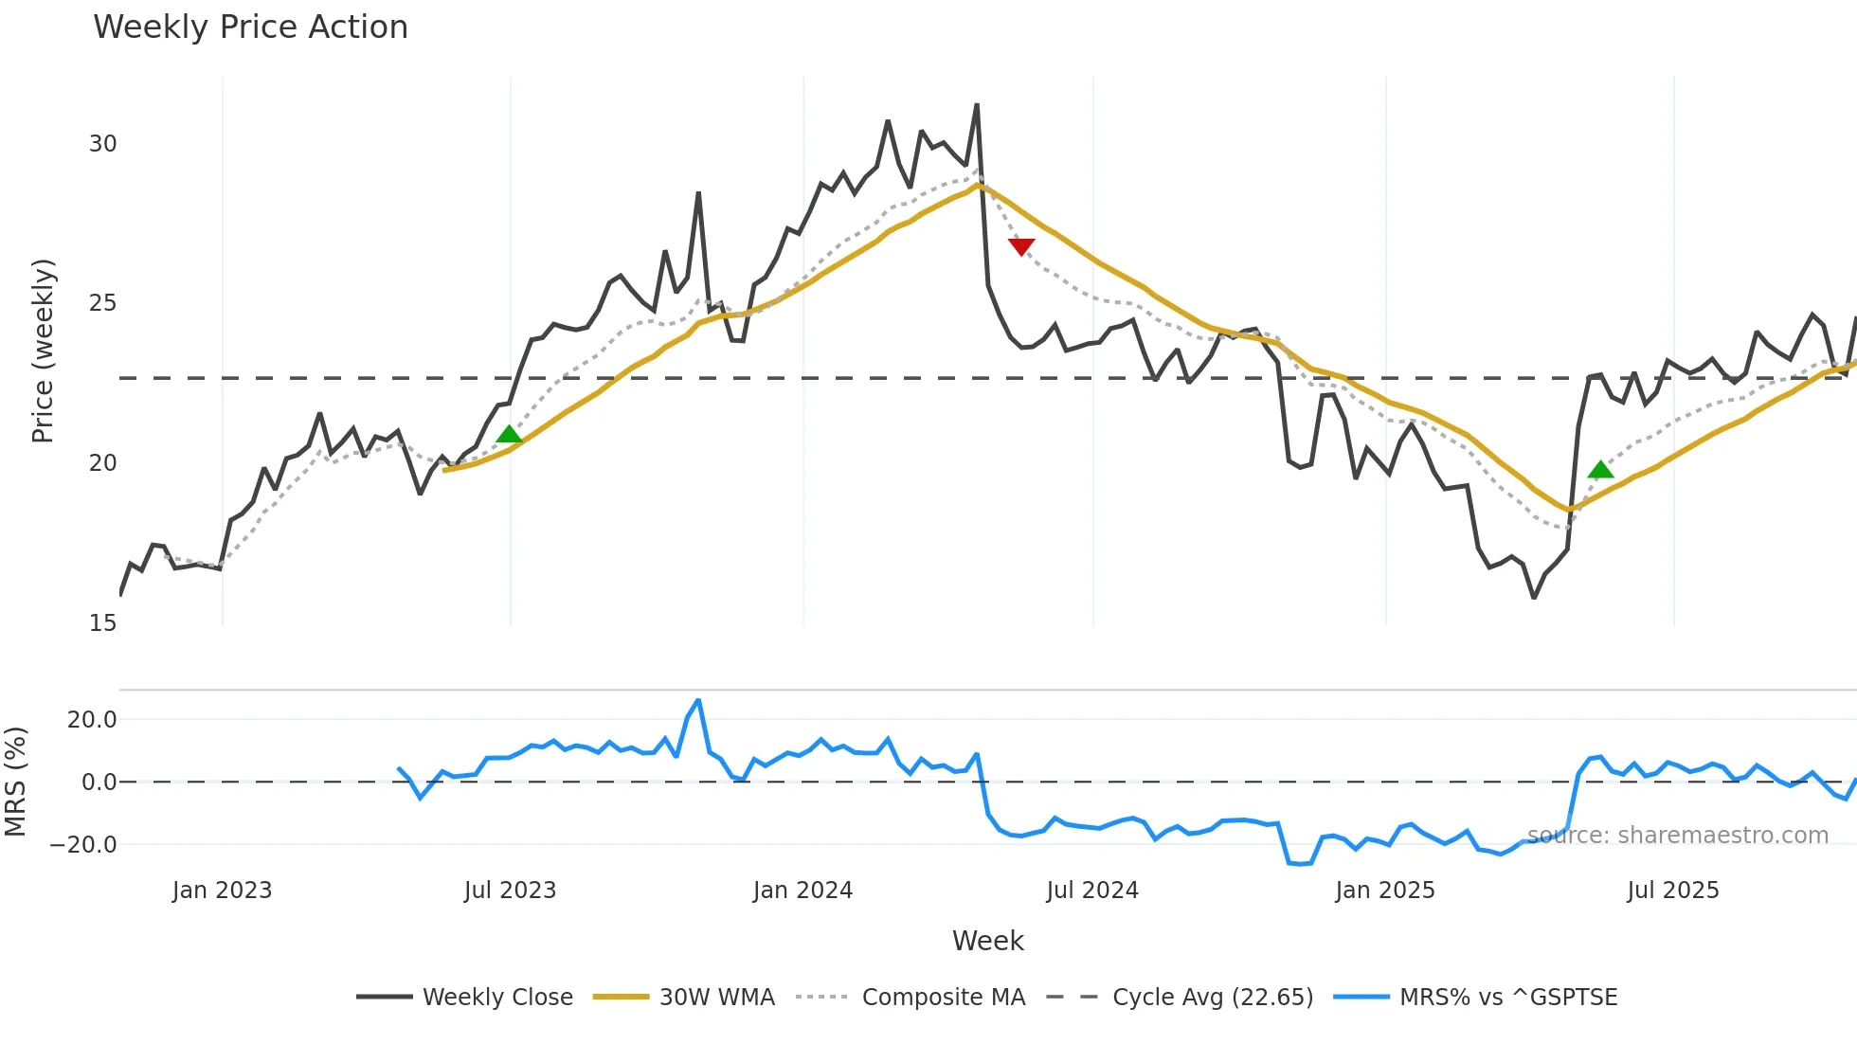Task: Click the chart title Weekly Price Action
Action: [x=250, y=27]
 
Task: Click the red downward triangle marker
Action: [x=1021, y=247]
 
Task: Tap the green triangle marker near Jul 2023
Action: [x=509, y=434]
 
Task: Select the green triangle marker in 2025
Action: [x=1600, y=469]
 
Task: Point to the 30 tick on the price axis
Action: [x=102, y=144]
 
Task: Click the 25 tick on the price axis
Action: [x=102, y=303]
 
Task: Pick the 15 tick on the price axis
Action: [x=102, y=623]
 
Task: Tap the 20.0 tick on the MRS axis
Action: [x=92, y=720]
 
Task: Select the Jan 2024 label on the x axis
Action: [x=802, y=891]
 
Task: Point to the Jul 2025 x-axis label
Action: [x=1672, y=891]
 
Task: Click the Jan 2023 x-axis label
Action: [x=222, y=891]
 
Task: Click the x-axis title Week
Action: [x=987, y=941]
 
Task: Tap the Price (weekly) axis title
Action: [x=44, y=351]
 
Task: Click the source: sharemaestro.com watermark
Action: [x=1677, y=836]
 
